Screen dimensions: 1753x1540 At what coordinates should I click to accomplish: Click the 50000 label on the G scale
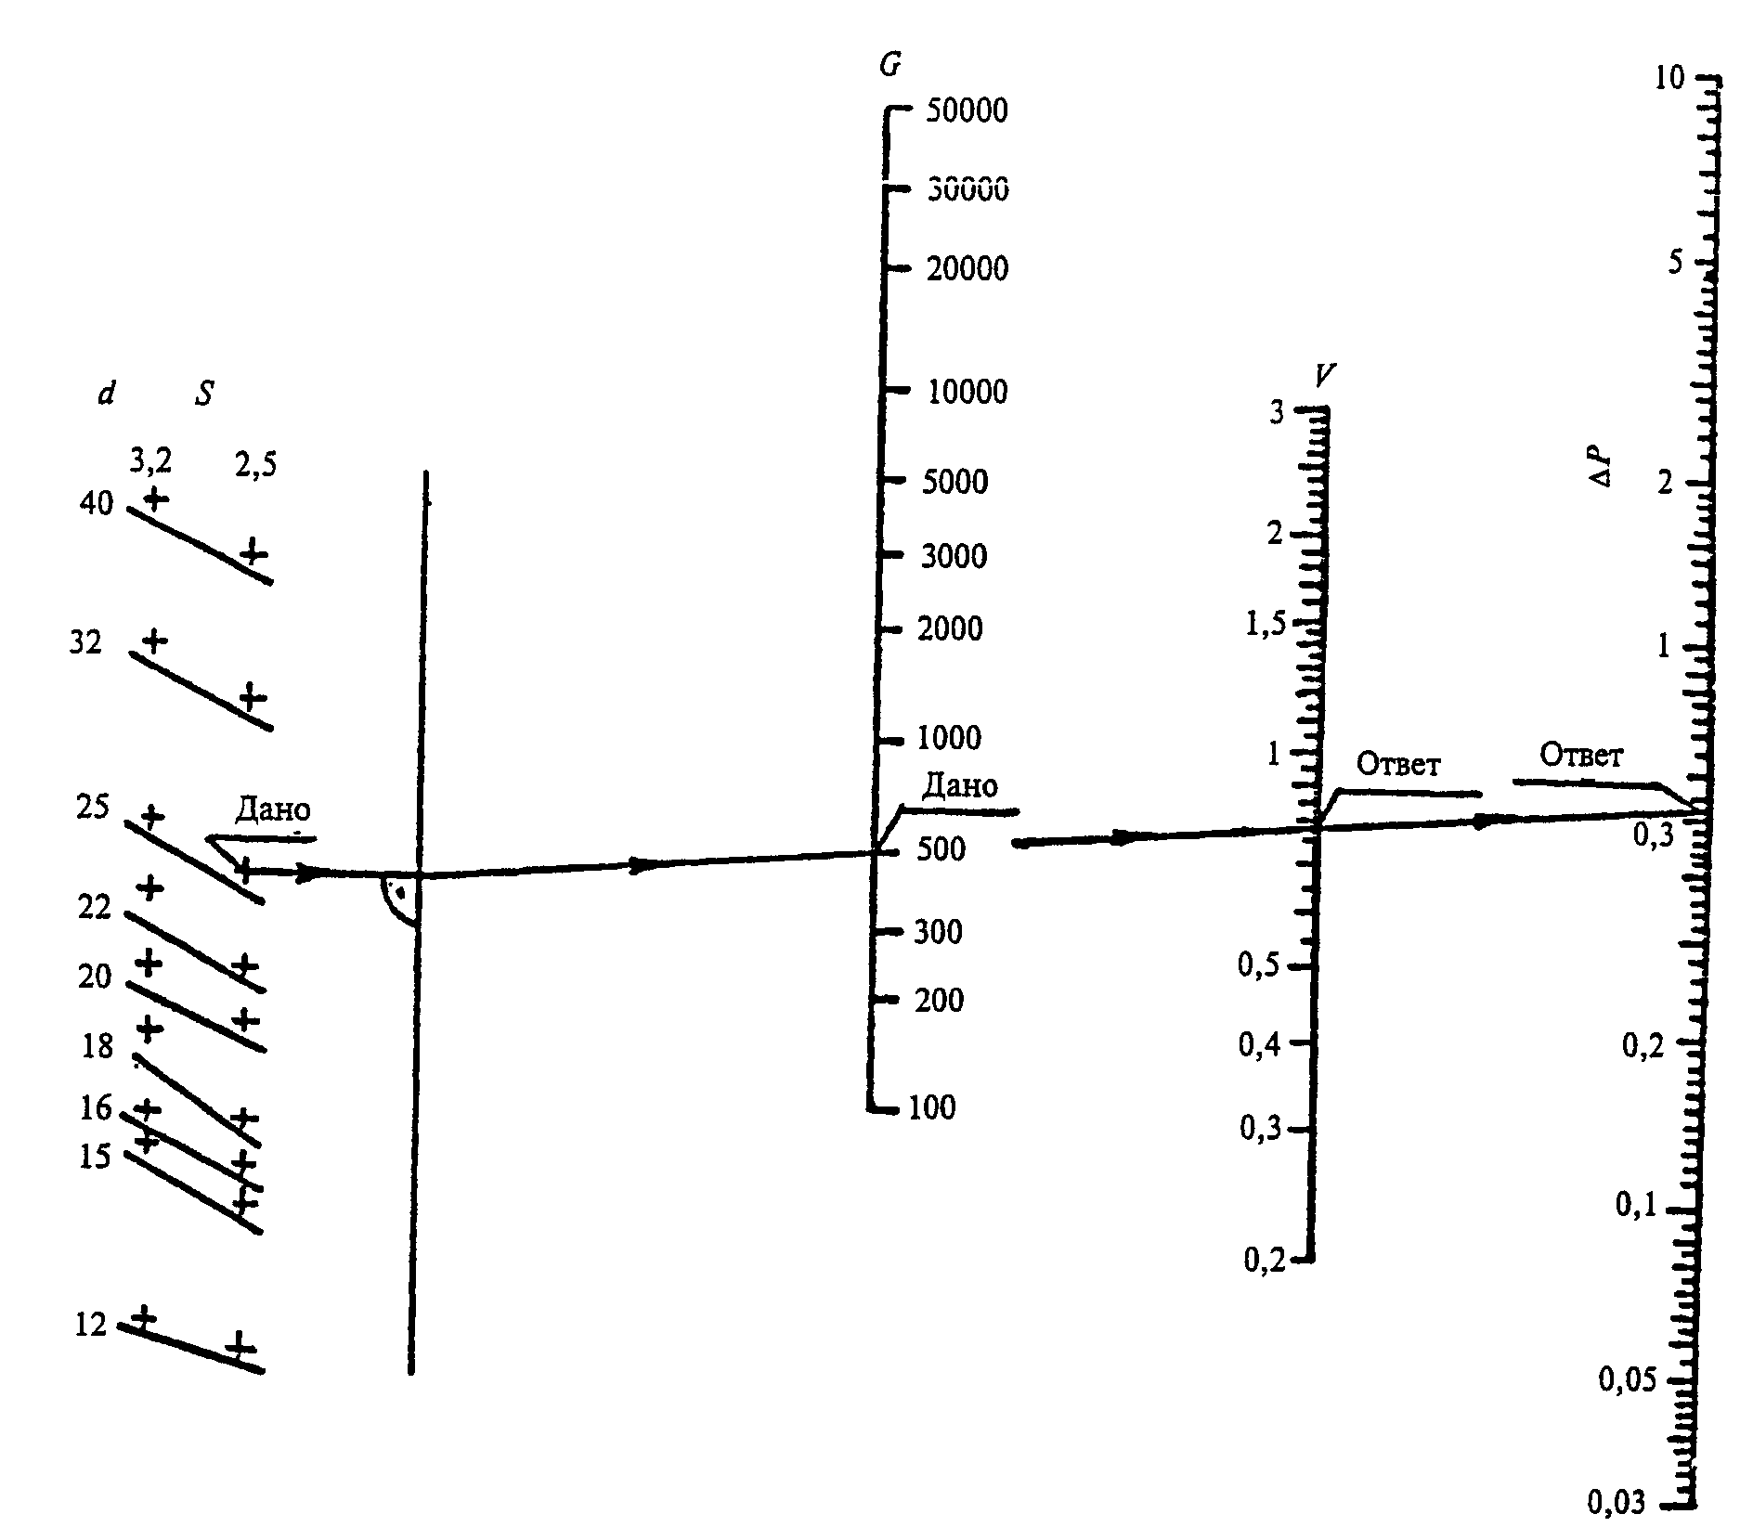(x=967, y=110)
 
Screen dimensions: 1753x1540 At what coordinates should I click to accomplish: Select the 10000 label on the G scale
(x=967, y=392)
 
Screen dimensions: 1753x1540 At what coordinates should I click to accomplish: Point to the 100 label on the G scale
(x=933, y=1106)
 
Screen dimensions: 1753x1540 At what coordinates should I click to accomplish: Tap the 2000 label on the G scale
(x=950, y=628)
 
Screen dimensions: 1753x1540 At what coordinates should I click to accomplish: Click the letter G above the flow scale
(x=889, y=64)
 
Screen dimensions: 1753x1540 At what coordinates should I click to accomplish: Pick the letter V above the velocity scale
(x=1325, y=375)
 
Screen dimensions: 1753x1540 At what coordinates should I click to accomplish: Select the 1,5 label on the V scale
(x=1266, y=624)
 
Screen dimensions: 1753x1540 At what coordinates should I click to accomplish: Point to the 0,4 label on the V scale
(x=1260, y=1045)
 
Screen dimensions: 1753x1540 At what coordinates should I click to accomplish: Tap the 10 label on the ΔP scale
(x=1669, y=77)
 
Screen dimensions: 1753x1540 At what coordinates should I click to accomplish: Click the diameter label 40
(x=96, y=504)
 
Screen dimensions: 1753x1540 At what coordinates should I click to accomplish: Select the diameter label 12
(x=90, y=1325)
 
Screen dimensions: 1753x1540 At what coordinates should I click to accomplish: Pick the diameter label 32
(x=84, y=642)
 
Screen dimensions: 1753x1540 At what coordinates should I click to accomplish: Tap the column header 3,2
(x=150, y=460)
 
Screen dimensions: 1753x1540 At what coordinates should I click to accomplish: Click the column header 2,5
(x=255, y=464)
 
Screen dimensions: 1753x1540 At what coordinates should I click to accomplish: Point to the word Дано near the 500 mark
(x=960, y=787)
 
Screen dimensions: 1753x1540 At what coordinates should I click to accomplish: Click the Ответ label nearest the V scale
(x=1398, y=764)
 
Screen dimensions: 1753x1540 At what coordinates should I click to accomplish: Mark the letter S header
(x=204, y=394)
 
